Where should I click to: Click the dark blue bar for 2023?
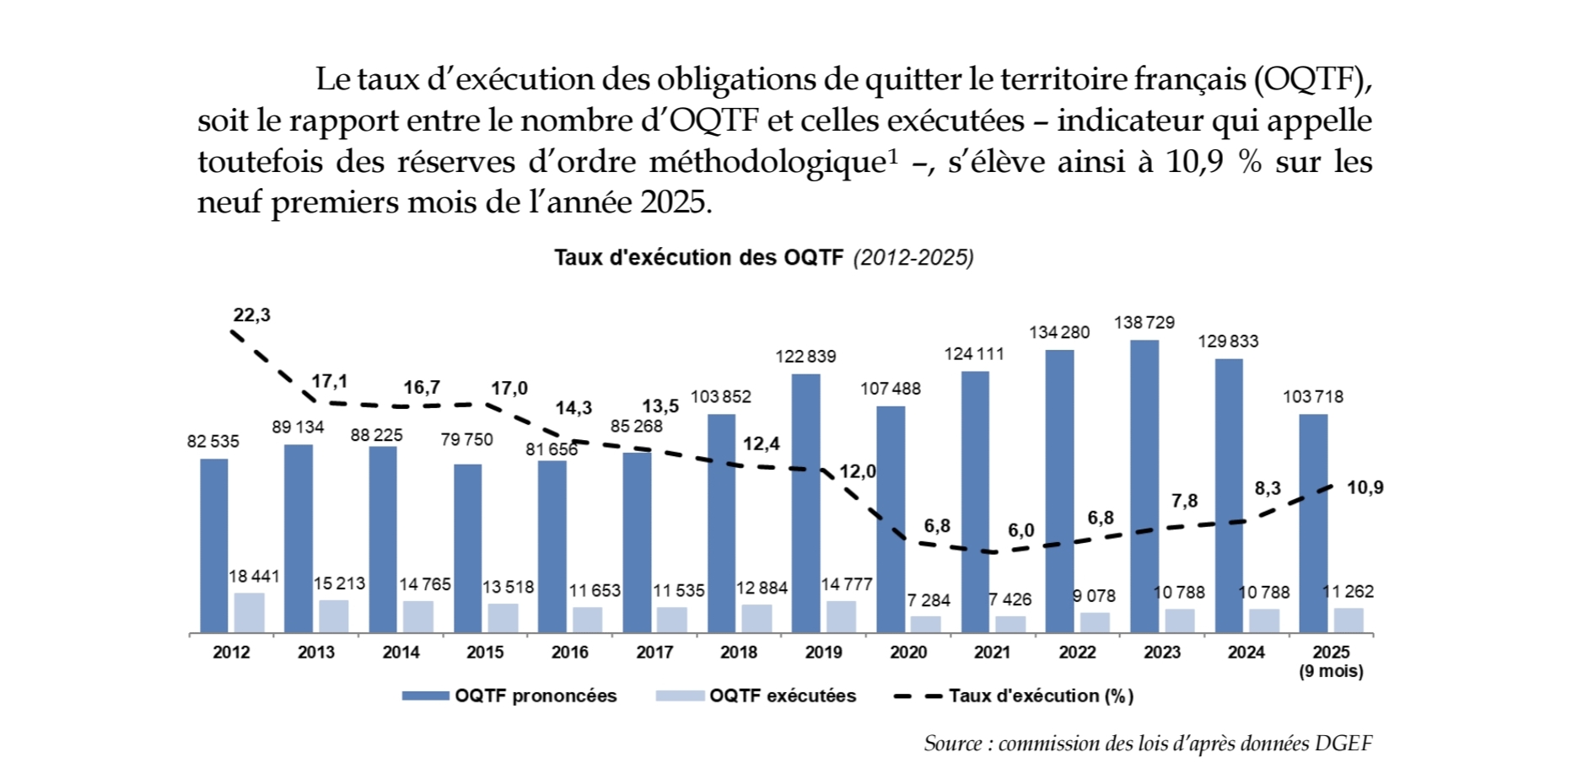tap(1144, 486)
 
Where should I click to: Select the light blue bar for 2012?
tap(249, 613)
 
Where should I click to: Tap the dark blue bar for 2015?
tap(468, 548)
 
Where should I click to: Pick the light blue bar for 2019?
tap(841, 616)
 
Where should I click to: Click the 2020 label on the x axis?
tap(908, 653)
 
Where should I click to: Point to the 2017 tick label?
tap(654, 653)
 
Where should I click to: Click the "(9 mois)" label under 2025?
tap(1331, 672)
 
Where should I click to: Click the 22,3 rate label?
tap(251, 315)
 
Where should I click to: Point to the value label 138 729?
tap(1144, 323)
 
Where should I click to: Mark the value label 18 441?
tap(254, 577)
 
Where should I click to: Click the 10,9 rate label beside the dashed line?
tap(1365, 488)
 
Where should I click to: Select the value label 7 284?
tap(929, 600)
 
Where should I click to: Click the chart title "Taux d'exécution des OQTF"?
tap(698, 258)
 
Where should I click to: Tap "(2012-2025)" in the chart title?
tap(913, 258)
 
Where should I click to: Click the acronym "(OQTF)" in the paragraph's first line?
tap(1311, 79)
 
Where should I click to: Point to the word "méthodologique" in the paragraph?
tap(766, 162)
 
